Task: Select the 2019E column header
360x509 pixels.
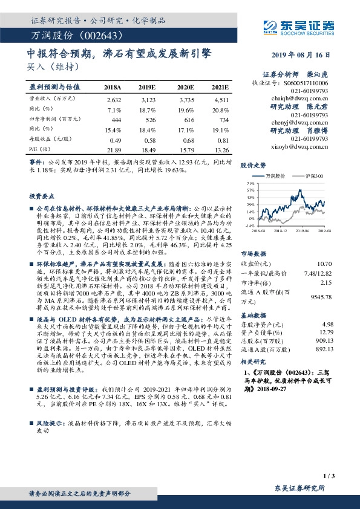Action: (148, 87)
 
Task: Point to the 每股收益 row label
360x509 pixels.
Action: (48, 139)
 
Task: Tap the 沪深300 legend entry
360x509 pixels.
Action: (315, 176)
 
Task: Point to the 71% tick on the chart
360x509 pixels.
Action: (250, 182)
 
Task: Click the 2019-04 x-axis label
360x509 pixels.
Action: (303, 230)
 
